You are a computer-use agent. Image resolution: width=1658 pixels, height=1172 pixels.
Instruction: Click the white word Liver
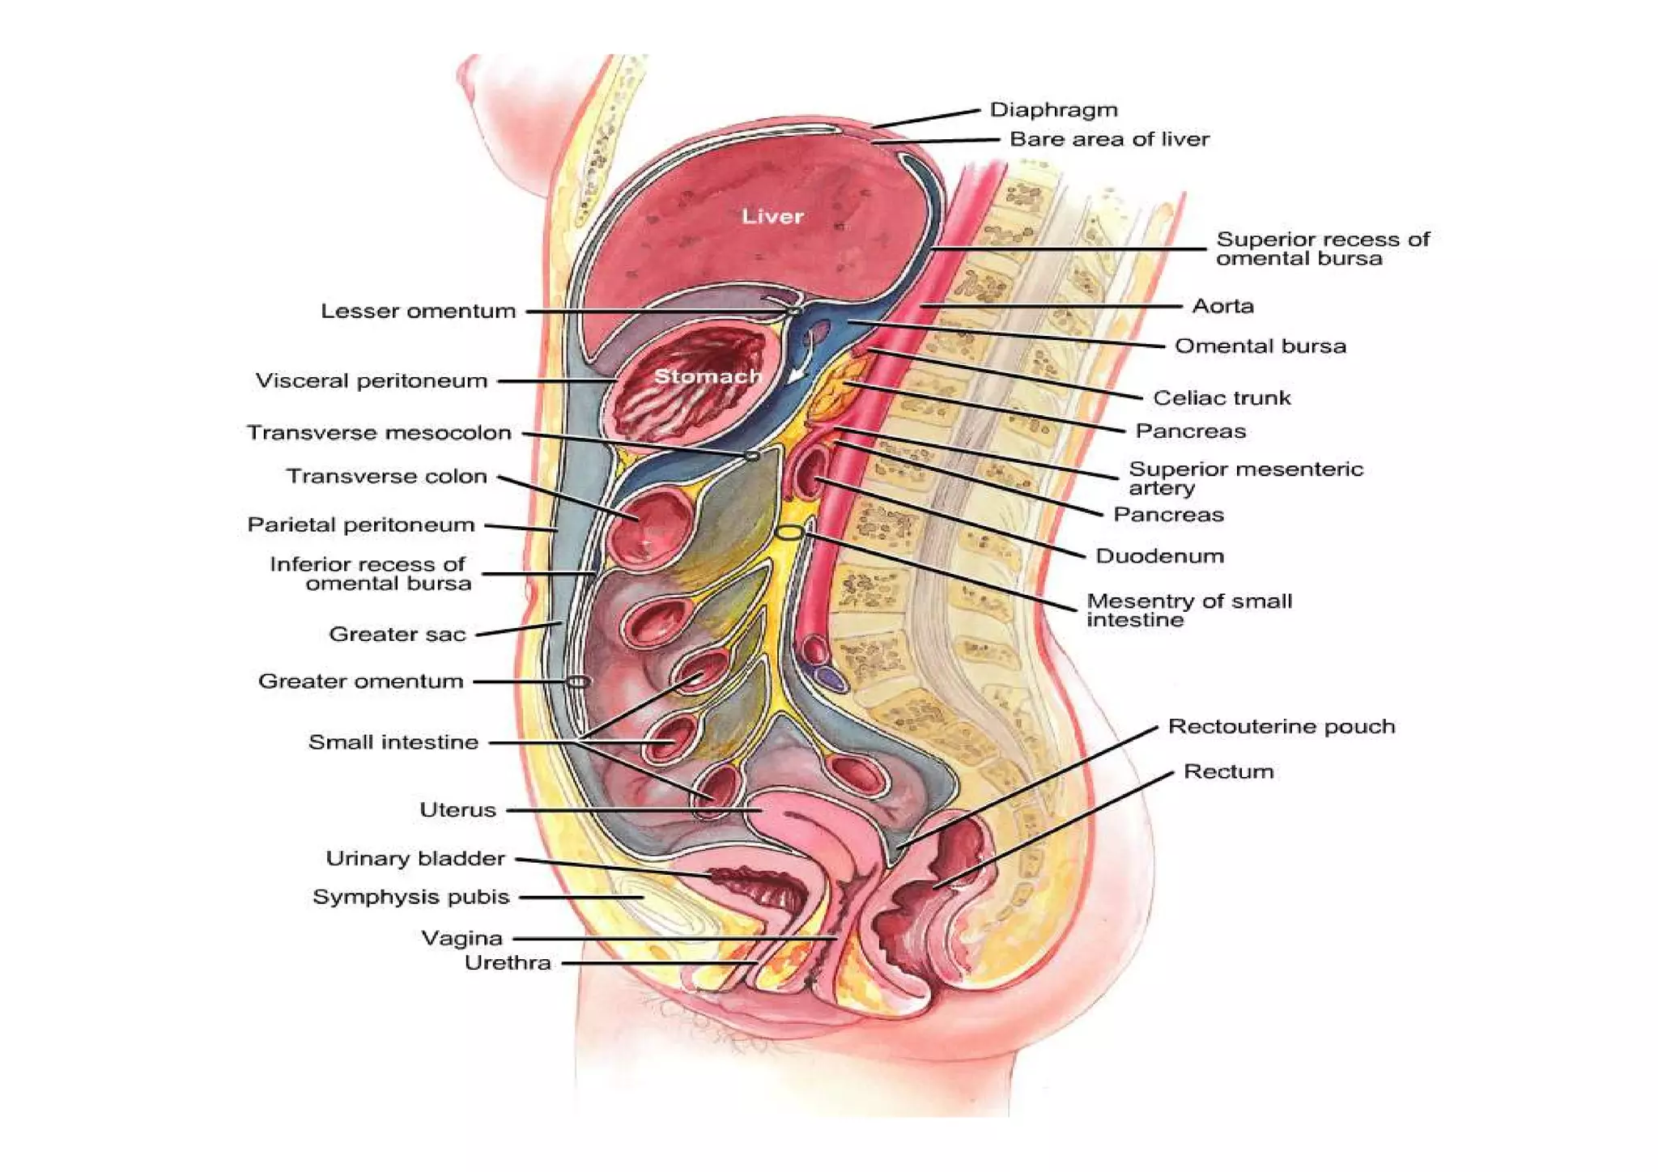pos(772,216)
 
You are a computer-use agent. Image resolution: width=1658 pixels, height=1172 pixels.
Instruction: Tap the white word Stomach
pos(708,376)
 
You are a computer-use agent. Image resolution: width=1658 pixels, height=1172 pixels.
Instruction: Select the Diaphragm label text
pos(1053,110)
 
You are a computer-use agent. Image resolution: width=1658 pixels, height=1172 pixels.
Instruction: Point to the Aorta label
pos(1222,306)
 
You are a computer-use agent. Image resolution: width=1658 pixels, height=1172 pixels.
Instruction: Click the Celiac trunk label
pos(1222,397)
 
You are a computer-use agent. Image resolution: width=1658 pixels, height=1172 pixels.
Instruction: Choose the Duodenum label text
pos(1159,556)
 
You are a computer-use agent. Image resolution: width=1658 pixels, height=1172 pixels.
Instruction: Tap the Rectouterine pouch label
pos(1281,726)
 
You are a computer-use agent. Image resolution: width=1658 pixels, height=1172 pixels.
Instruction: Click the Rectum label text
pos(1228,771)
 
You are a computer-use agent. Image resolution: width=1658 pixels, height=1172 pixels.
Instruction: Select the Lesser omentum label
pos(418,311)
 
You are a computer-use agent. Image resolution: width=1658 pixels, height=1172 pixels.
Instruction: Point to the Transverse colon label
pos(386,476)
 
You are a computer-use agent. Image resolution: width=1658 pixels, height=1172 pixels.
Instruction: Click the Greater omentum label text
pos(360,682)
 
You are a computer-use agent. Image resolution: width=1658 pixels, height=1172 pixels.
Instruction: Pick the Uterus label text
pos(457,810)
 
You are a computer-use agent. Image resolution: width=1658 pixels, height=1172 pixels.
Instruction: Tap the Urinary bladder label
pos(415,858)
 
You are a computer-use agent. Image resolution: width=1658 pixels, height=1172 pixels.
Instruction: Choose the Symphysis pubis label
pos(410,897)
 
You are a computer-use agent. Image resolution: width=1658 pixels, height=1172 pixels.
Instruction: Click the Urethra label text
pos(508,962)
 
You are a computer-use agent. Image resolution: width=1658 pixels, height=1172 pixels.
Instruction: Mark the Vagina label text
pos(461,938)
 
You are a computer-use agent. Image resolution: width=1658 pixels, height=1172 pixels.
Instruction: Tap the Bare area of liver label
pos(1109,139)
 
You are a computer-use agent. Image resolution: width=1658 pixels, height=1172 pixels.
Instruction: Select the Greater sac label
pos(397,634)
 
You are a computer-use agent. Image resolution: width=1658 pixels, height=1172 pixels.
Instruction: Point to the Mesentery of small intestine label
pos(1188,610)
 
